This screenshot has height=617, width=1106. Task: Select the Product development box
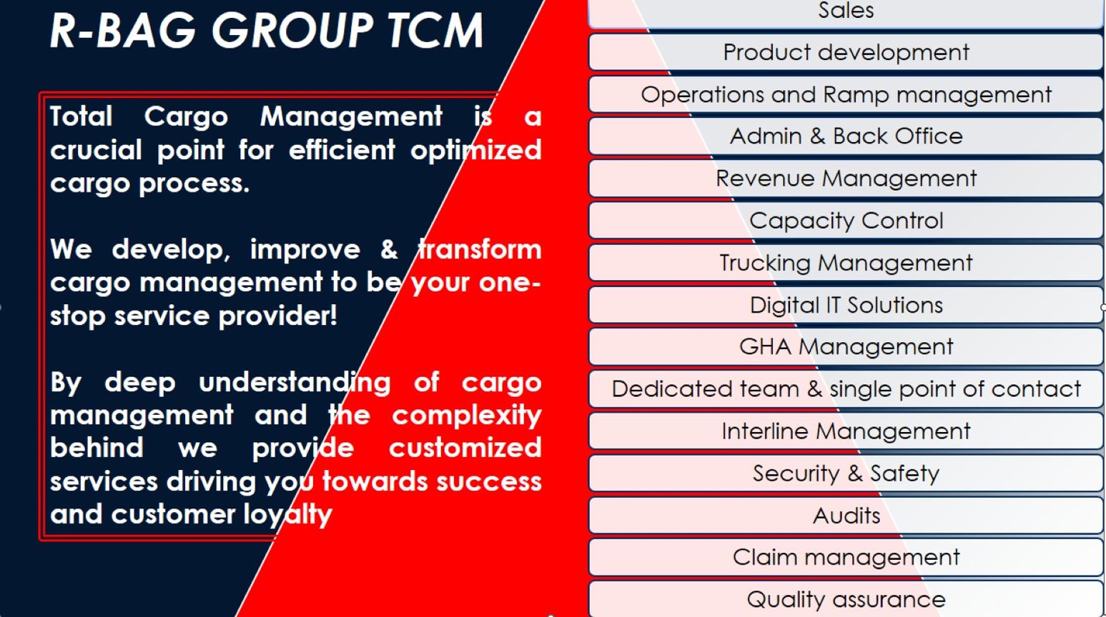pos(846,52)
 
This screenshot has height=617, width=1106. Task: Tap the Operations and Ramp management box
pos(846,94)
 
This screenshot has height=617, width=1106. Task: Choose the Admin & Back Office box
pos(846,136)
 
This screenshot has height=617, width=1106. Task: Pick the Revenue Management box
pos(846,179)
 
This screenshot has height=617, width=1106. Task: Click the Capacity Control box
pos(846,221)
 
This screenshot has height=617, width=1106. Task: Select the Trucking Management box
pos(846,263)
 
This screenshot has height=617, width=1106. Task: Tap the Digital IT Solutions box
pos(846,305)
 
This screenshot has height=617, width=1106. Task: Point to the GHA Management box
pos(846,347)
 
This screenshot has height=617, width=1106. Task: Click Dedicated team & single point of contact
pos(846,389)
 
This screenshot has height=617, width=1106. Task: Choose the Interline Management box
pos(846,431)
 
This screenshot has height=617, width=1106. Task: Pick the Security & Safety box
pos(846,473)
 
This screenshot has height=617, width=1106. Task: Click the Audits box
pos(846,516)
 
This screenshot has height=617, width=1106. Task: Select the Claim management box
pos(846,557)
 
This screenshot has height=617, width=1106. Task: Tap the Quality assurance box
pos(846,599)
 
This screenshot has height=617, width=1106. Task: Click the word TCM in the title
pos(434,31)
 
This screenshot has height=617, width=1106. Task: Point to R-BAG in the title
pos(123,31)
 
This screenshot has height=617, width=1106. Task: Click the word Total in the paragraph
pos(82,116)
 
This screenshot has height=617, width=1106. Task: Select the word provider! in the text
pos(278,316)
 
